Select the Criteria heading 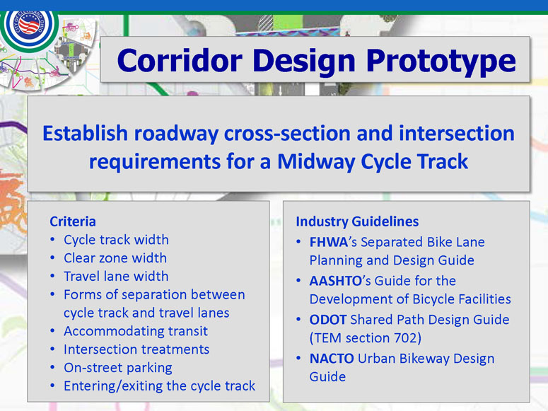(x=73, y=221)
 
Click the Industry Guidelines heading (x=357, y=221)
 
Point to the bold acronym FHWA (x=329, y=242)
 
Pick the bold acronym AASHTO (x=335, y=281)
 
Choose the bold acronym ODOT (x=328, y=320)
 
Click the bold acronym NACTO (x=332, y=359)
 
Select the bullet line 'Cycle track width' (x=116, y=240)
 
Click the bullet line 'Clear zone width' (x=115, y=258)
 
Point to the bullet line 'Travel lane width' (x=116, y=277)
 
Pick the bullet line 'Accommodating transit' (x=136, y=331)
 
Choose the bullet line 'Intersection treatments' (x=136, y=349)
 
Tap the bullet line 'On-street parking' (x=118, y=368)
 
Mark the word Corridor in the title (x=180, y=61)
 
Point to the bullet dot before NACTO (x=298, y=359)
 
